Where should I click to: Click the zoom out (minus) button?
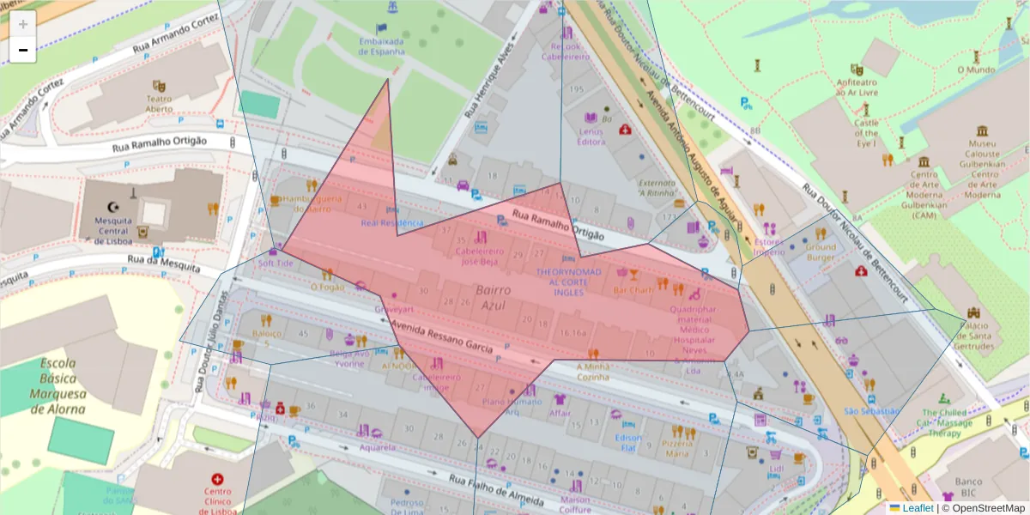pos(23,50)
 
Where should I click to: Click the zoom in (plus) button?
pos(23,24)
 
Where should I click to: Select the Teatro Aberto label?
pos(158,103)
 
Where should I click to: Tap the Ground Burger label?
pos(820,251)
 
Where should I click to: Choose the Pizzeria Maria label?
pos(677,447)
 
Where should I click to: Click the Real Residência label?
pos(392,222)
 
